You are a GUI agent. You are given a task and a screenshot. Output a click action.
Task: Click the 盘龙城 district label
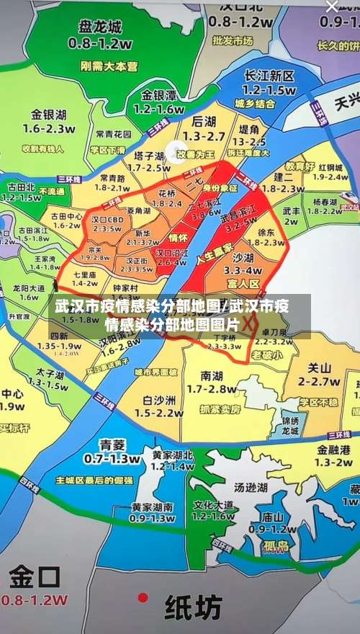click(100, 28)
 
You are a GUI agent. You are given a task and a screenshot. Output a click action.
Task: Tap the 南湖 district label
click(212, 375)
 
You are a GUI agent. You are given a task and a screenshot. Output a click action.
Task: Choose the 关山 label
click(313, 367)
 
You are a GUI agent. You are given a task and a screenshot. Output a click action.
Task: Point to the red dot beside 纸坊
click(143, 597)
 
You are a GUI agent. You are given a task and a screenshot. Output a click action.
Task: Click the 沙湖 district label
click(242, 256)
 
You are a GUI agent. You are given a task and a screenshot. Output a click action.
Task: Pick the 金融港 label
click(333, 448)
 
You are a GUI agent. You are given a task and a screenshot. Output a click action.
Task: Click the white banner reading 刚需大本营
click(109, 66)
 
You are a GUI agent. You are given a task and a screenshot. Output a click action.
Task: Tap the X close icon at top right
click(332, 6)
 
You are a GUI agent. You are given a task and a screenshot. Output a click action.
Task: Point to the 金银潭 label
click(158, 95)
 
